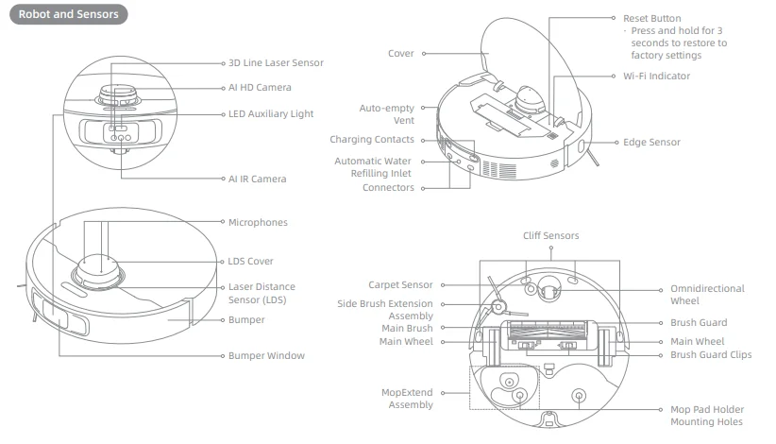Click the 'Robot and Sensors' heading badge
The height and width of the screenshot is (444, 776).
pos(66,16)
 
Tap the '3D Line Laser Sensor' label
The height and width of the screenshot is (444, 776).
pos(276,62)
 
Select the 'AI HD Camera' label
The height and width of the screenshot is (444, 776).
pos(260,87)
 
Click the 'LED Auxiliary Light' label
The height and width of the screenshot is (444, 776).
pos(271,113)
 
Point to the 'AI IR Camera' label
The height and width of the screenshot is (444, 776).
pos(257,178)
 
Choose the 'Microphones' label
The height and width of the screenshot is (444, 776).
pos(258,222)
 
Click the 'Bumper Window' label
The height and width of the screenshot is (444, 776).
pos(266,356)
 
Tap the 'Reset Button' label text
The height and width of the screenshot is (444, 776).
pos(651,18)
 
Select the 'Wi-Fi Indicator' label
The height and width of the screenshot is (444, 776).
pos(656,76)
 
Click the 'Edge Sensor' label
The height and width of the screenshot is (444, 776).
pos(651,142)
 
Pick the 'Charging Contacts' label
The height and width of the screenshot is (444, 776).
pos(372,139)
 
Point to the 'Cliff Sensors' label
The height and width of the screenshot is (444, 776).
pos(551,235)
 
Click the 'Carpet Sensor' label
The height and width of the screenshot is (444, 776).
pos(400,283)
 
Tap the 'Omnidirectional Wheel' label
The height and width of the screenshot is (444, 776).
pos(707,295)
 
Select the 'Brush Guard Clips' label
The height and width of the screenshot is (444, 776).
pos(711,354)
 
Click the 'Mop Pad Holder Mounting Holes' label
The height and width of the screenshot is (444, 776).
pos(706,416)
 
